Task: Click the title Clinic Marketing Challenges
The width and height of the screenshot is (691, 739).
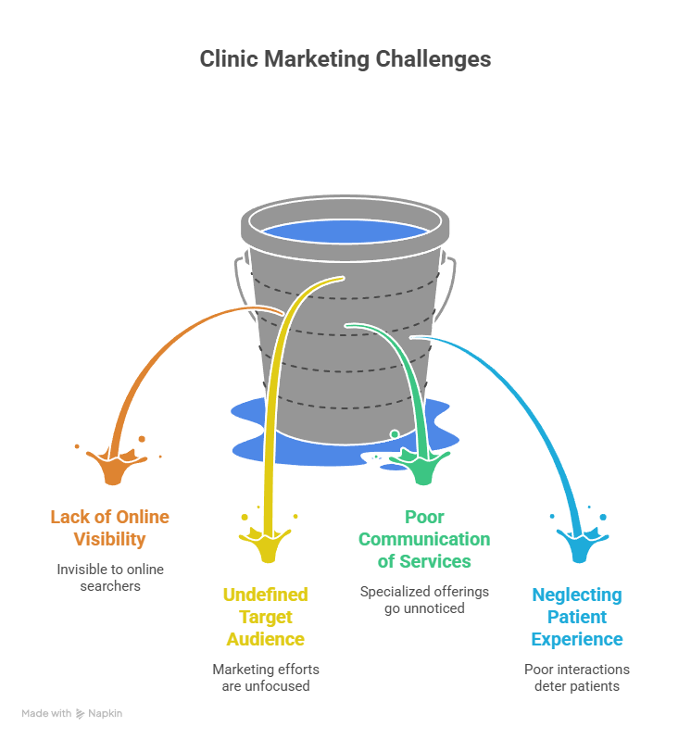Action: pos(345,59)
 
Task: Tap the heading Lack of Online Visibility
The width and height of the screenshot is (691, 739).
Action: pos(110,528)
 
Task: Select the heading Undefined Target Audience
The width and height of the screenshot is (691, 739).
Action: pos(265,617)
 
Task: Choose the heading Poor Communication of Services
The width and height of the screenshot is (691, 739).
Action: pos(424,539)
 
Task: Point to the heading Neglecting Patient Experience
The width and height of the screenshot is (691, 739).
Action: pos(577,617)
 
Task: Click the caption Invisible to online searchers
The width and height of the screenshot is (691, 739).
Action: pos(110,577)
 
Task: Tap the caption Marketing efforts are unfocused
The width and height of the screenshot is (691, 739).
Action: pos(266,677)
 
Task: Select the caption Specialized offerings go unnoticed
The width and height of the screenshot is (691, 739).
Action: pos(424,599)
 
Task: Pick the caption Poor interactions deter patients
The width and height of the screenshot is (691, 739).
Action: pos(577,677)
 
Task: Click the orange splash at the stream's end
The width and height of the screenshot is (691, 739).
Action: pos(115,464)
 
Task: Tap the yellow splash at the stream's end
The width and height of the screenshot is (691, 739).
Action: pos(268,542)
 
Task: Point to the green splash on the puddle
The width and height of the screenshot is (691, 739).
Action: pos(422,464)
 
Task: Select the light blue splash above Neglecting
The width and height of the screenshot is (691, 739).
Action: pos(580,542)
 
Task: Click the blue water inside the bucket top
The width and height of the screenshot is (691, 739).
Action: pos(345,232)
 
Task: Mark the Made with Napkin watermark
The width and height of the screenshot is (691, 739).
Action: pos(71,714)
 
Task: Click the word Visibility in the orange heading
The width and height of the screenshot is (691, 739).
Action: pos(110,539)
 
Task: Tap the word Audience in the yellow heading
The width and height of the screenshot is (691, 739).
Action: pos(265,639)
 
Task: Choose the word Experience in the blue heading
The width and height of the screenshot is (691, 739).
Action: pos(577,639)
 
